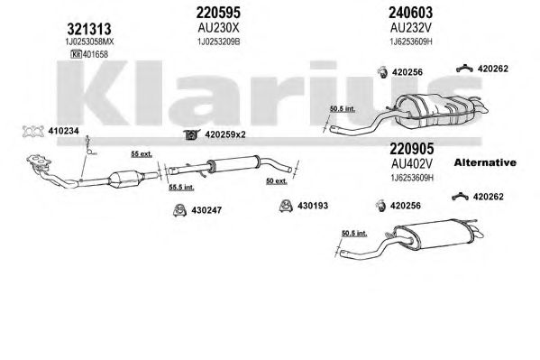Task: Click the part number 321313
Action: click(x=89, y=29)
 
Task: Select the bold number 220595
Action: click(x=218, y=13)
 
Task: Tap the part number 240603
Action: click(x=410, y=13)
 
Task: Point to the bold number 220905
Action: click(x=412, y=149)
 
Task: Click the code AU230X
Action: click(x=218, y=28)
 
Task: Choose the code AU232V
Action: click(x=411, y=28)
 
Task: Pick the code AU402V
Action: click(x=412, y=164)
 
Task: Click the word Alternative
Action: click(x=485, y=162)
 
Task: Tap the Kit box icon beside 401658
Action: click(x=76, y=54)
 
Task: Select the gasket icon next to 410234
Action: click(x=33, y=132)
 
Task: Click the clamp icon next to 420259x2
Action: click(x=191, y=134)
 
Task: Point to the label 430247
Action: click(x=206, y=210)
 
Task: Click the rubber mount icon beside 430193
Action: click(x=286, y=206)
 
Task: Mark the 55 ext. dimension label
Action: click(x=142, y=154)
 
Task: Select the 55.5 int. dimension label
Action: click(x=181, y=188)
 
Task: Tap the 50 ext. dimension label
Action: click(x=277, y=180)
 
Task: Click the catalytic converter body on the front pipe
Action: click(x=126, y=179)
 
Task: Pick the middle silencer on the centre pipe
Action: click(x=233, y=163)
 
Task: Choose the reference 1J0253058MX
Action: click(x=89, y=42)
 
